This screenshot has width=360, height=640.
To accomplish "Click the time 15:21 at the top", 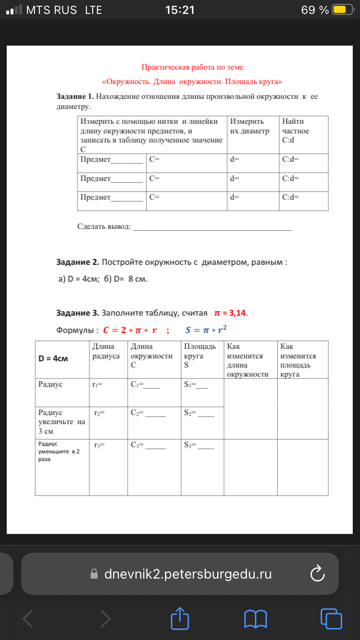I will point(180,10).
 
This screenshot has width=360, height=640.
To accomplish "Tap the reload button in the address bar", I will point(318,574).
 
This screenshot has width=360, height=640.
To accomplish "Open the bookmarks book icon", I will point(255,618).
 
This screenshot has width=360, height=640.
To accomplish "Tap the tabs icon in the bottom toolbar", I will point(331,618).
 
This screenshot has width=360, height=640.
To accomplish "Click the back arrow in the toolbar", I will point(28,618).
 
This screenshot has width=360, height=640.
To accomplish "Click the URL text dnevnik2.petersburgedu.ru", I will point(188,574).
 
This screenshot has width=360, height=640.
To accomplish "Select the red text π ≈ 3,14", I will point(230,313).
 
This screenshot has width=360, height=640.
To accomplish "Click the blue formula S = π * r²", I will point(206,330).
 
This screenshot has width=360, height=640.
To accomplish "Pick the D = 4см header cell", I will point(53,359).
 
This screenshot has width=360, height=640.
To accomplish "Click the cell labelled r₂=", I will point(99,412).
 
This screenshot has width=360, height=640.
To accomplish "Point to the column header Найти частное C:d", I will point(296,131).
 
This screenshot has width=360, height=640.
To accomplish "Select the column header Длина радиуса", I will point(106,351).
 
